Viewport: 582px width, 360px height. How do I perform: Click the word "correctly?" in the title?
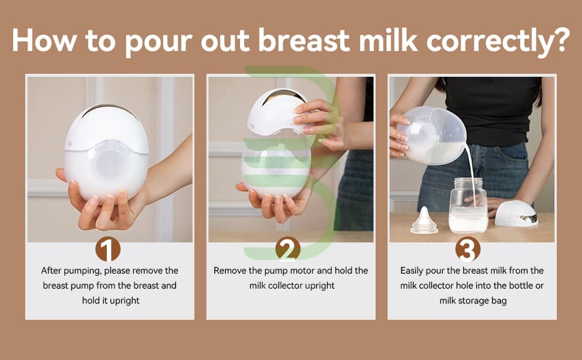pyautogui.click(x=498, y=41)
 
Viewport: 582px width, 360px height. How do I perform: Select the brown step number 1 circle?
pyautogui.click(x=107, y=249)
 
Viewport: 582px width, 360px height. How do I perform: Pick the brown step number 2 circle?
pyautogui.click(x=288, y=249)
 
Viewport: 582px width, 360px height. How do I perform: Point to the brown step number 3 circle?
pyautogui.click(x=467, y=249)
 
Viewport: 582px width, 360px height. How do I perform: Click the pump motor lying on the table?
pyautogui.click(x=517, y=214)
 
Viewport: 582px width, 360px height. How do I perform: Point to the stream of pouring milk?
pyautogui.click(x=472, y=175)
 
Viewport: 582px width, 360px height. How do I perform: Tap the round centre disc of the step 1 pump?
pyautogui.click(x=110, y=164)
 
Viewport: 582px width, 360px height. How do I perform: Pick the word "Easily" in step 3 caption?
pyautogui.click(x=411, y=271)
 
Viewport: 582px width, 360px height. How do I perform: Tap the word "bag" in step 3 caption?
pyautogui.click(x=499, y=301)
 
